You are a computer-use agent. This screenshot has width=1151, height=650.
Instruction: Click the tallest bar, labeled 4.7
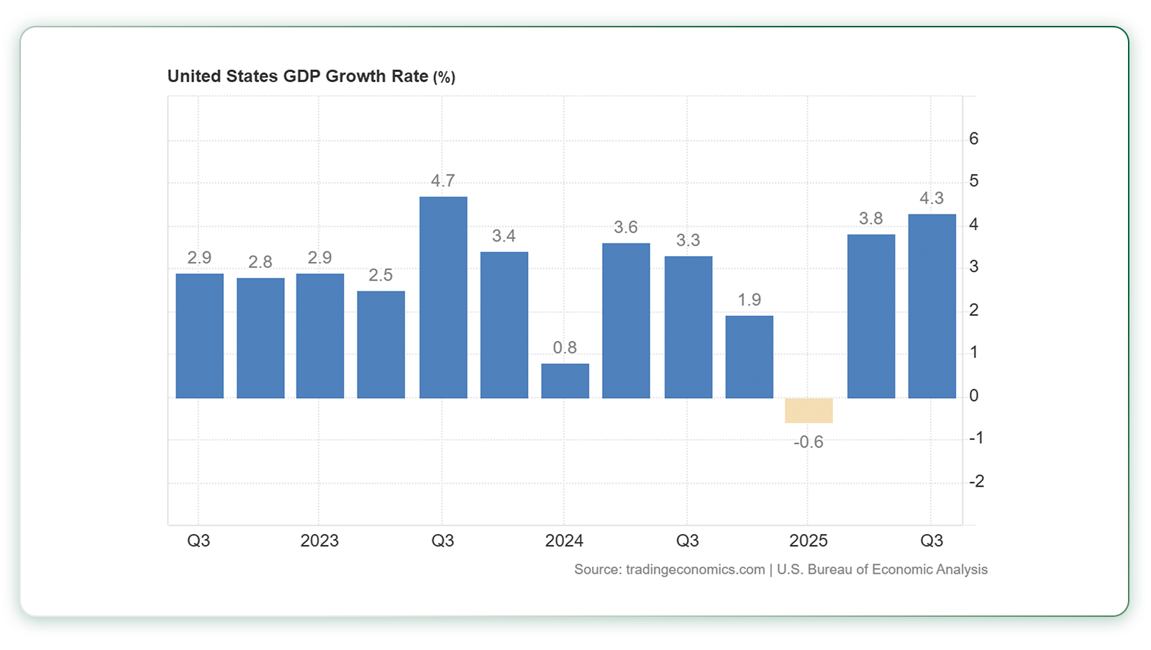(x=443, y=297)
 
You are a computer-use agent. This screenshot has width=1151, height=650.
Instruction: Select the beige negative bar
(x=809, y=410)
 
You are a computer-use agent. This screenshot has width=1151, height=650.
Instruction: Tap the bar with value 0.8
(x=565, y=381)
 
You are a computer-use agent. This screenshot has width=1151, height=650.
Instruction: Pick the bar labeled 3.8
(x=870, y=316)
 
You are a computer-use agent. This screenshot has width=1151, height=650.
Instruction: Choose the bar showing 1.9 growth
(x=749, y=356)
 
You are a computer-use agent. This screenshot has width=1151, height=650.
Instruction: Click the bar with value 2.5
(x=381, y=344)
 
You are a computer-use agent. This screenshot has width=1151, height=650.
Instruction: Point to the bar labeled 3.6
(x=626, y=320)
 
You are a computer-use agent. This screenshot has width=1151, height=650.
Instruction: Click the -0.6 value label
(x=809, y=442)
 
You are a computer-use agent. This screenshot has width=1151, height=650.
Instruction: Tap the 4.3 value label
(x=932, y=198)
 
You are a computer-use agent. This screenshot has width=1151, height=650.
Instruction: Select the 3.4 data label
(x=504, y=236)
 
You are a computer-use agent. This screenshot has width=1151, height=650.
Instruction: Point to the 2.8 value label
(x=260, y=262)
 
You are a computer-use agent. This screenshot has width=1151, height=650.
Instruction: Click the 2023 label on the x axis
(x=319, y=541)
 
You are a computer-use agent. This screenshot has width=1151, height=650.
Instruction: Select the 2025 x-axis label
(x=809, y=541)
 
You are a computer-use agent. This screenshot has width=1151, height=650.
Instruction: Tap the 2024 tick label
(x=564, y=541)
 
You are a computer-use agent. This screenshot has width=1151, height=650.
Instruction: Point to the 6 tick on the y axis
(x=974, y=139)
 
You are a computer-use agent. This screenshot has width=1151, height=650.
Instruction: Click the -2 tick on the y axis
(x=975, y=482)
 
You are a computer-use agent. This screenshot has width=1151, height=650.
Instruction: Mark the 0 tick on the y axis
(x=974, y=396)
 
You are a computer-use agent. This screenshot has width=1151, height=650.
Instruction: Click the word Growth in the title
(x=352, y=76)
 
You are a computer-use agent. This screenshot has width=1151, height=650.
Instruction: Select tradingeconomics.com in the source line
(x=695, y=569)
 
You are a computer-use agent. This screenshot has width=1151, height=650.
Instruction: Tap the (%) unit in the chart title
(x=444, y=77)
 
